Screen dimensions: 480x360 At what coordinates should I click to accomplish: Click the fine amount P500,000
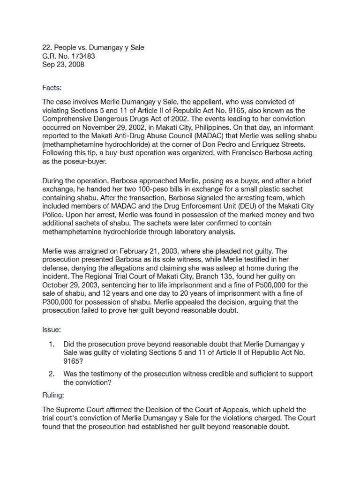(250, 285)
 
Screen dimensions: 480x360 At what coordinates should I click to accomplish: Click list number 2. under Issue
(52, 374)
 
